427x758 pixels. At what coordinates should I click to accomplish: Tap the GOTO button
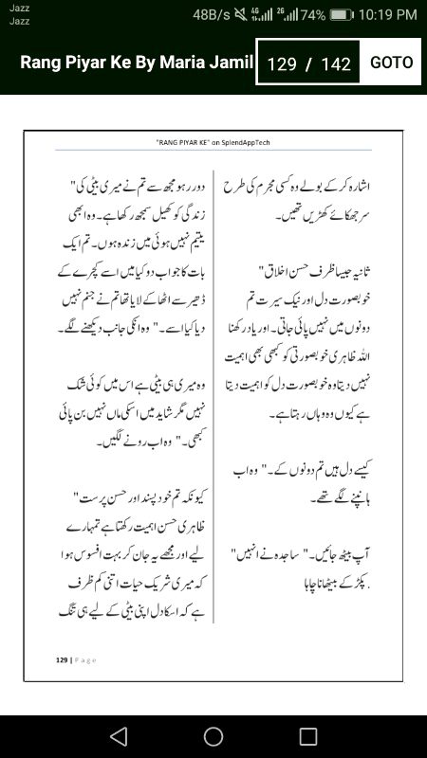point(391,63)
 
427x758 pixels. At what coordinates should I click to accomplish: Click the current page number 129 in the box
point(282,64)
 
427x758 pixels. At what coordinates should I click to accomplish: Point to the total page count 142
point(336,64)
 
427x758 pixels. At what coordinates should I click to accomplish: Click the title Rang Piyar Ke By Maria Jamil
point(137,63)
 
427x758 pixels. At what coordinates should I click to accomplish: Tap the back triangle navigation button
point(118,736)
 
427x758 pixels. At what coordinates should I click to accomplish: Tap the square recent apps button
point(308,736)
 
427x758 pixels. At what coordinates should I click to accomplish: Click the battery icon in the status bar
point(343,14)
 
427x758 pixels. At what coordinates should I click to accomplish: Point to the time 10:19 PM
point(387,14)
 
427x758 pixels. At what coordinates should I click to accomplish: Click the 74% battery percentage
point(313,14)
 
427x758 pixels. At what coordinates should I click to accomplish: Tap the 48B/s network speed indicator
point(212,14)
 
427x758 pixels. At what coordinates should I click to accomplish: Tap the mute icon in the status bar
point(241,14)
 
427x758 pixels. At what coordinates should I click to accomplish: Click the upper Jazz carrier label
point(19,9)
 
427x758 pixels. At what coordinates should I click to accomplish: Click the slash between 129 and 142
point(308,64)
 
